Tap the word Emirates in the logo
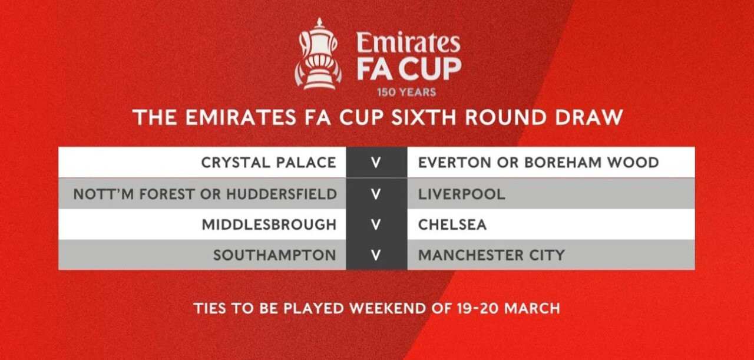click(408, 42)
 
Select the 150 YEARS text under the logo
click(406, 93)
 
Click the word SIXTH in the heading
click(425, 117)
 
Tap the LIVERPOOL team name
click(461, 194)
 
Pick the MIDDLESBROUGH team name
click(269, 224)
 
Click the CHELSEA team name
click(452, 224)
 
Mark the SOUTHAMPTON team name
click(275, 255)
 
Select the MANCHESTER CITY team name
click(491, 255)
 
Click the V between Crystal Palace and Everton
click(376, 163)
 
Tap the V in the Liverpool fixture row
click(376, 194)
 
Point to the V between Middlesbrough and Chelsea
click(376, 224)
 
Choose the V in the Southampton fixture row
click(376, 255)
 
